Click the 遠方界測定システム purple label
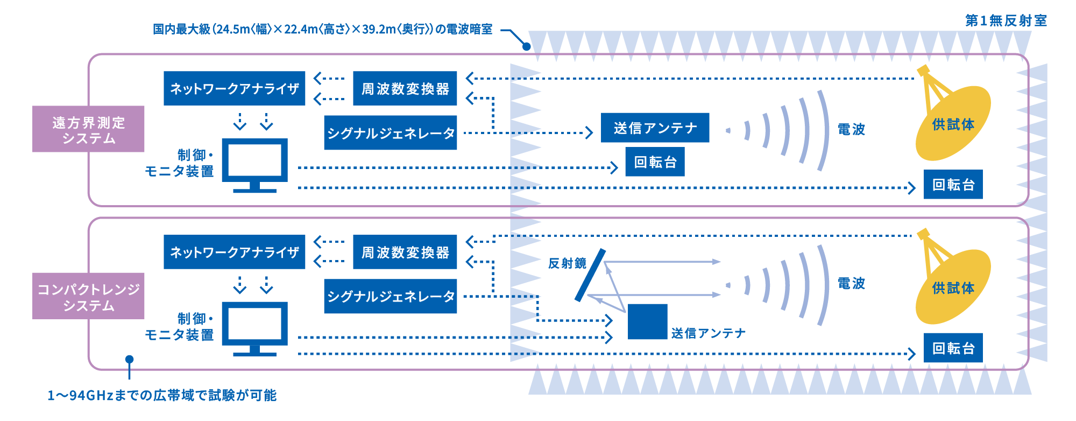[x=88, y=129]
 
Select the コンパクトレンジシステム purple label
[x=88, y=296]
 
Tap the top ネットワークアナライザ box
[x=234, y=88]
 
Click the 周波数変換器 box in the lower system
[x=405, y=252]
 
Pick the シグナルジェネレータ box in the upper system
[x=390, y=132]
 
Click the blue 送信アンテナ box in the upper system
[x=655, y=128]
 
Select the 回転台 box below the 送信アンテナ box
[x=655, y=162]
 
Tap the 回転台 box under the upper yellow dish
[x=953, y=184]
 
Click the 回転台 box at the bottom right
[x=953, y=348]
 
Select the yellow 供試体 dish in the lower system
[x=953, y=286]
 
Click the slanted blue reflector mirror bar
[x=590, y=275]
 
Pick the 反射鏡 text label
[x=567, y=263]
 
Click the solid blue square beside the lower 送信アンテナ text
[x=647, y=322]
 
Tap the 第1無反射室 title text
[x=1006, y=21]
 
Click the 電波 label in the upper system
[x=851, y=129]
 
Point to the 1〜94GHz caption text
[x=161, y=396]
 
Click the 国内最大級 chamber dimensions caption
[x=322, y=29]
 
